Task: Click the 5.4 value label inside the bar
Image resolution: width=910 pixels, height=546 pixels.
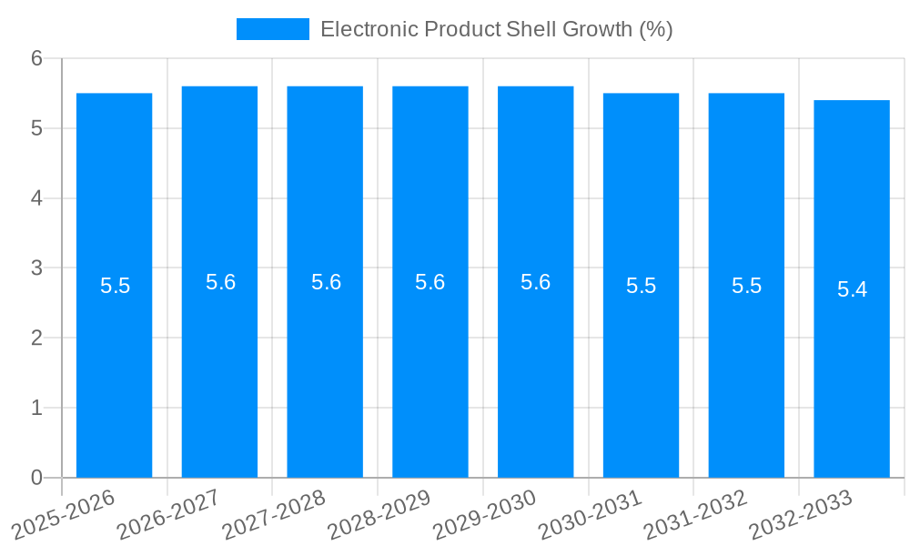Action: coord(852,289)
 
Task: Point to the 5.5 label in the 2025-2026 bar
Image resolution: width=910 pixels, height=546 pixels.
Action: coord(115,286)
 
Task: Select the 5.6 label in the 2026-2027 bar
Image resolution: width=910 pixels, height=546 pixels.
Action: coord(220,282)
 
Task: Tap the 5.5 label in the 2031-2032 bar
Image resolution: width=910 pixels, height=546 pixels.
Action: coord(746,286)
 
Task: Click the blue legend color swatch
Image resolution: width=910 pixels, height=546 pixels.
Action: coord(272,29)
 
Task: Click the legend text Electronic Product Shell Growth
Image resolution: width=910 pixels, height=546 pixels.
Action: coord(496,29)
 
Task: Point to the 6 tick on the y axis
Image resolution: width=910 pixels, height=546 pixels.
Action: coord(36,59)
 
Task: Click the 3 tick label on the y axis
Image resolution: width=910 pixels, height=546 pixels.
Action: coord(36,268)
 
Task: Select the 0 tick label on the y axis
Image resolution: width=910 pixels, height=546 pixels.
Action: coord(36,478)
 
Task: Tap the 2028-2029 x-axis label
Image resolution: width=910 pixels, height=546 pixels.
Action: coord(379,514)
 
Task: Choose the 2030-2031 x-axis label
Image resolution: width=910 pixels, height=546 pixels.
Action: coord(590,514)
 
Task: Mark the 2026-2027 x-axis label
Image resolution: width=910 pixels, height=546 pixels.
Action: coord(168,514)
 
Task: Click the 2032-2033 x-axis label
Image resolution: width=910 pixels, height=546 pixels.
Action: coord(800,514)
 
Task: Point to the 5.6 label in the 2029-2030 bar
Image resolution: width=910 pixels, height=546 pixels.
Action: coord(535,282)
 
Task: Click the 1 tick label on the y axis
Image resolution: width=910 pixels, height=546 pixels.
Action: coord(36,409)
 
